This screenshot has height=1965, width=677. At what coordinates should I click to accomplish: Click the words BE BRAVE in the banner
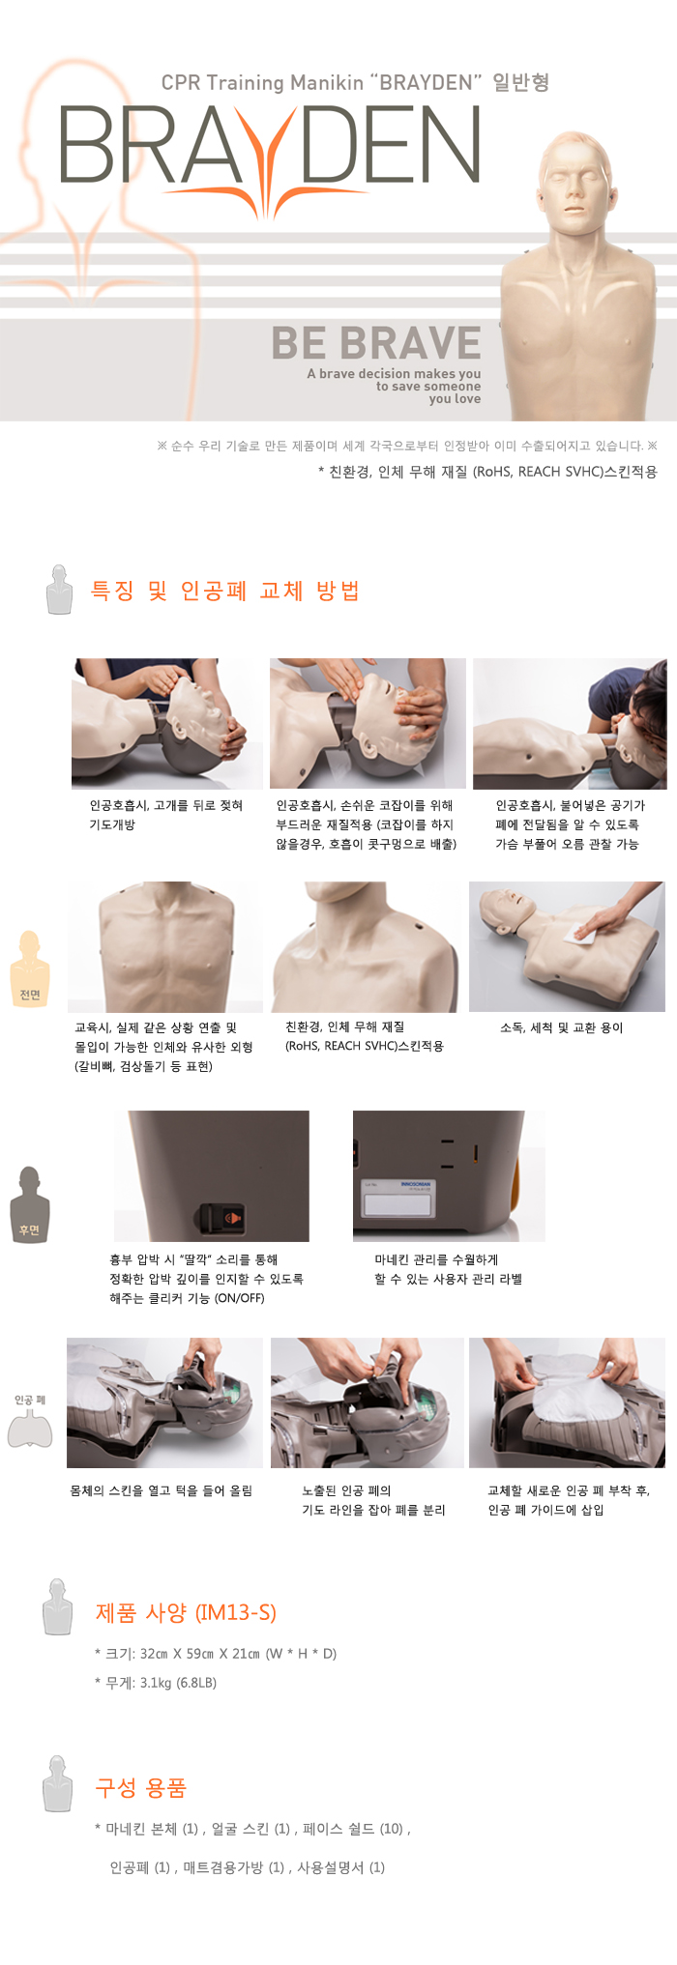click(376, 343)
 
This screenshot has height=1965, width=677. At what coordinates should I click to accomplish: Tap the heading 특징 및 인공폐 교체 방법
click(225, 591)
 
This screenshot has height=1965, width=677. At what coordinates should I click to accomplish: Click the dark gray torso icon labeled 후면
click(29, 1204)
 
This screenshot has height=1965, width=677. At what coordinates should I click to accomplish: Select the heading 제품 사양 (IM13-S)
click(186, 1612)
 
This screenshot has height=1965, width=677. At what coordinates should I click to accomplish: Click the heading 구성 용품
click(140, 1787)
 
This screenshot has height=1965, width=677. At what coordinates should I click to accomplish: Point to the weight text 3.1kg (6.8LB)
click(178, 1683)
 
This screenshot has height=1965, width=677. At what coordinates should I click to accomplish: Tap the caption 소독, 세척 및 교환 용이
click(561, 1027)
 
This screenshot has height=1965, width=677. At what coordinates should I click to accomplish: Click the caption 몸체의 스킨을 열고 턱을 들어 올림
click(161, 1490)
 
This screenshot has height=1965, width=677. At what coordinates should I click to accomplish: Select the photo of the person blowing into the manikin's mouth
click(570, 723)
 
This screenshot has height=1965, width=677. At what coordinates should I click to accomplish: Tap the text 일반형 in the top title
click(521, 82)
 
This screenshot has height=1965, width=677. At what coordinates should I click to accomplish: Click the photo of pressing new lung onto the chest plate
click(567, 1402)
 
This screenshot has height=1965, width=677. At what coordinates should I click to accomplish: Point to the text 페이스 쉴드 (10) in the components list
click(353, 1829)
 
